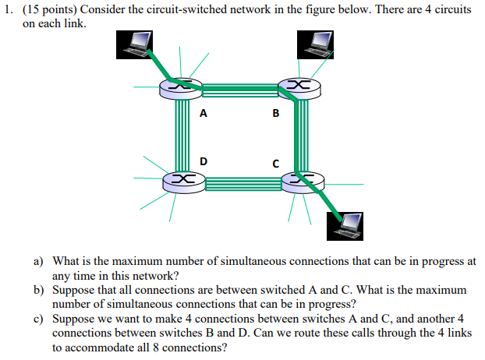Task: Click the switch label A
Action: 204,113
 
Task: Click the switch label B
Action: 275,113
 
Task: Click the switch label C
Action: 275,164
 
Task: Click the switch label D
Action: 204,161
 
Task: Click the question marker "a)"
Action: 37,263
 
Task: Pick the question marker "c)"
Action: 37,319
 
